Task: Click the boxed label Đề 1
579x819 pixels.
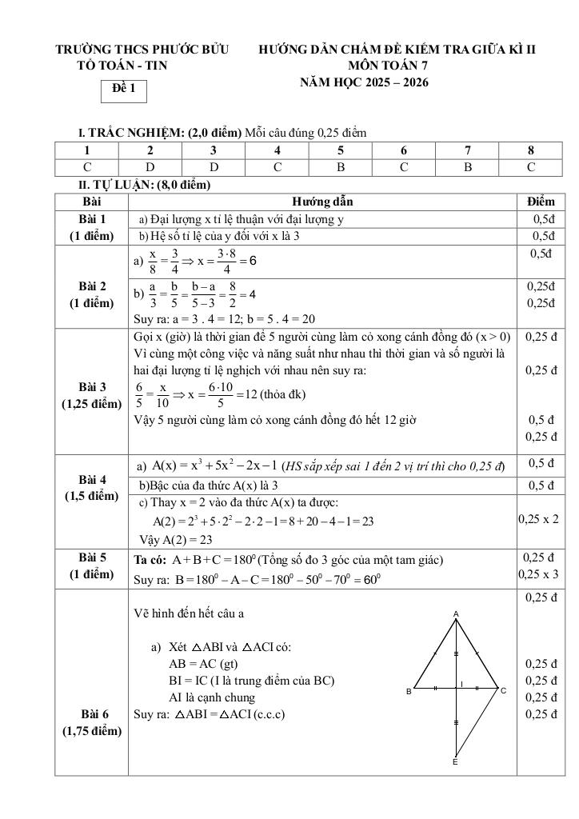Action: [x=123, y=90]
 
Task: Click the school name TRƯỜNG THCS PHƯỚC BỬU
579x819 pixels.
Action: [x=142, y=50]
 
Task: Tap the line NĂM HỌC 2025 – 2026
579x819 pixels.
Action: [x=364, y=82]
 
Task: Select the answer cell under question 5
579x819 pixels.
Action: [x=340, y=167]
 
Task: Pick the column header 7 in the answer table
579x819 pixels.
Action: [x=467, y=150]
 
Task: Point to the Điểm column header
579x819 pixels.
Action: [x=541, y=202]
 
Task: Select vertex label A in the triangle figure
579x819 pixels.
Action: [x=456, y=613]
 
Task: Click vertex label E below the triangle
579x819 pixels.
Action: [x=455, y=762]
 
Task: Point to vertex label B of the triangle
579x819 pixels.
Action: [x=409, y=691]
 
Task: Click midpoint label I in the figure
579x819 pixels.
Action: [x=461, y=682]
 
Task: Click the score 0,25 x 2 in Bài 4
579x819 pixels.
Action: [x=538, y=518]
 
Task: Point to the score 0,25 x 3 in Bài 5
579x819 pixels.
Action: [x=538, y=573]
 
